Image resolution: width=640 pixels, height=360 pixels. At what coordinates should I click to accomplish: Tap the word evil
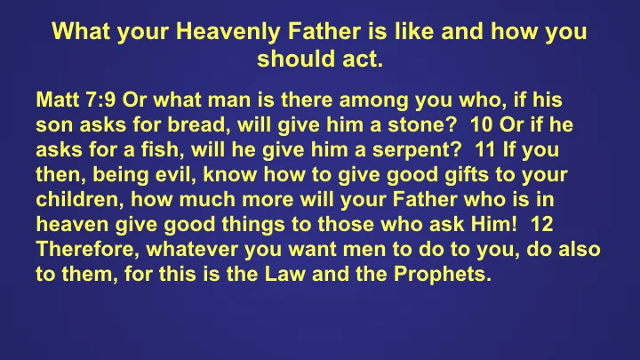click(x=148, y=171)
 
